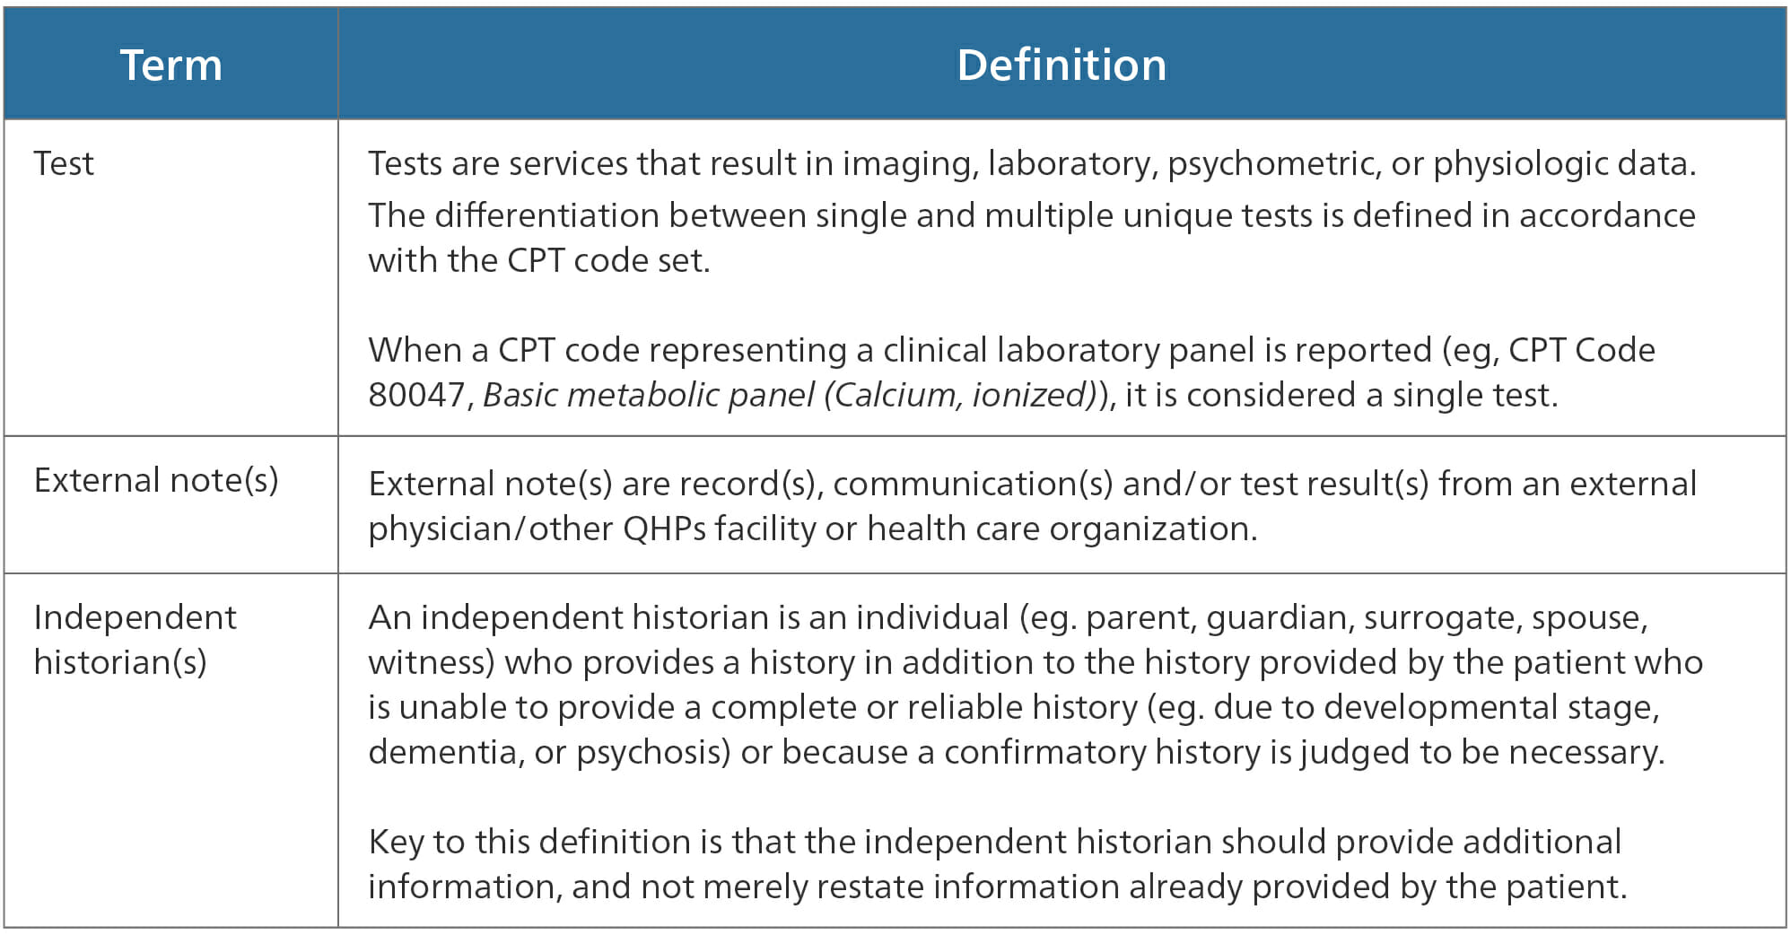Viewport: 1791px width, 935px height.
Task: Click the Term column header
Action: (x=171, y=66)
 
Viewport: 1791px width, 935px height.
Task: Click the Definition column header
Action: (x=1061, y=66)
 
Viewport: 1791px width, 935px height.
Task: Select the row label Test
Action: (x=64, y=163)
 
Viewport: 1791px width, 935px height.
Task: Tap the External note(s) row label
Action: (x=156, y=481)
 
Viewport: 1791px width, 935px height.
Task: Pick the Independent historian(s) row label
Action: (x=135, y=640)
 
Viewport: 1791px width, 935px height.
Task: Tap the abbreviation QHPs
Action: (x=665, y=529)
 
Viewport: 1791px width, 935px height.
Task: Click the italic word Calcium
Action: (x=895, y=396)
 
